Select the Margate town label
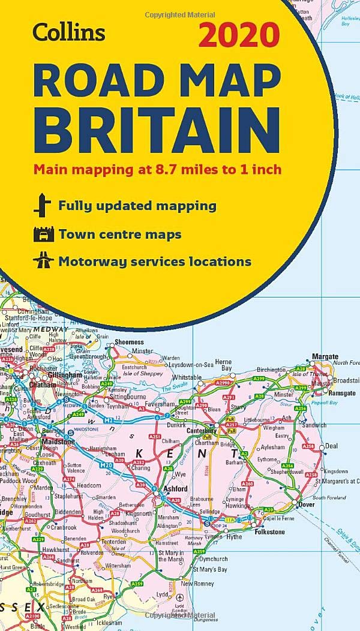pos(325,357)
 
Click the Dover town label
pos(307,504)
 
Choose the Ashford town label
pos(175,488)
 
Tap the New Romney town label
pos(194,583)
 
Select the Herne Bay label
pos(223,365)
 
